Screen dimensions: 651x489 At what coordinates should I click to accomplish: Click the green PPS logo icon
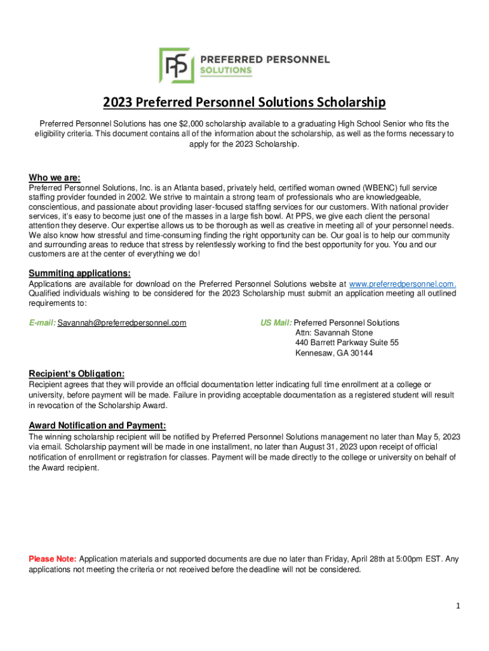[x=177, y=65]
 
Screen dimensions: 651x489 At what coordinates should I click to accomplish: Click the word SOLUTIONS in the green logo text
[x=226, y=71]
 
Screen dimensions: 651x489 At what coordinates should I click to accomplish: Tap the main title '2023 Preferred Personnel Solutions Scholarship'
[x=245, y=102]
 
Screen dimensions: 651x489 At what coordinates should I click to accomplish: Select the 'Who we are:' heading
[x=55, y=177]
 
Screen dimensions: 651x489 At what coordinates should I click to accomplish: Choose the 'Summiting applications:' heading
[x=80, y=273]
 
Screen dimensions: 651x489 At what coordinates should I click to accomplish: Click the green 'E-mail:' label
[x=43, y=323]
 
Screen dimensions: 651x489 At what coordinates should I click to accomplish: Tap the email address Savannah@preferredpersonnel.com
[x=122, y=323]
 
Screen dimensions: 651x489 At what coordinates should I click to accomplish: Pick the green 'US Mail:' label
[x=276, y=323]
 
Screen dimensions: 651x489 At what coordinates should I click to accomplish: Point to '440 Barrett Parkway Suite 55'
[x=347, y=343]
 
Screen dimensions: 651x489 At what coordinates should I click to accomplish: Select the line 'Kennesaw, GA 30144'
[x=334, y=353]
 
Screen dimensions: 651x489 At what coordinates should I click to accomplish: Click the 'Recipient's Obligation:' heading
[x=77, y=373]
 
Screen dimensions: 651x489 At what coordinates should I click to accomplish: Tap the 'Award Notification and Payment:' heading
[x=98, y=425]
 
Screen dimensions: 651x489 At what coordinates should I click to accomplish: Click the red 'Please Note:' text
[x=53, y=559]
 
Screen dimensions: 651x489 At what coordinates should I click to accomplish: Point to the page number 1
[x=457, y=606]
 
